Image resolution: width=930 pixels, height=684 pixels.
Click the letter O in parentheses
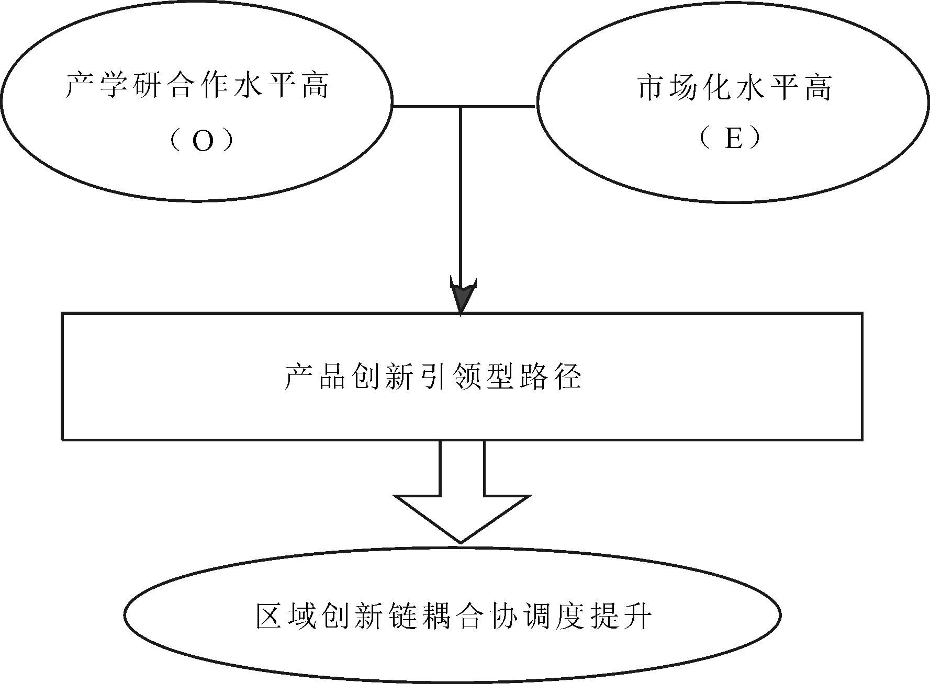click(x=203, y=140)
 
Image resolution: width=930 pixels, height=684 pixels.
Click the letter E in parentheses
click(x=734, y=139)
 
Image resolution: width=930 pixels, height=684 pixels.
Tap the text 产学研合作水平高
click(x=198, y=85)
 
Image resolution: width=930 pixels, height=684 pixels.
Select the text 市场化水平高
click(x=735, y=87)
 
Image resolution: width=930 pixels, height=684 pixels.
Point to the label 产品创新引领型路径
click(x=433, y=376)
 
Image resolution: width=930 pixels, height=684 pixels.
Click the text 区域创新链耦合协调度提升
click(x=454, y=615)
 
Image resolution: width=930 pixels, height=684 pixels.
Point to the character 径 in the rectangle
click(x=567, y=376)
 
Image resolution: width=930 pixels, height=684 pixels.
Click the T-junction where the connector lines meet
click(x=461, y=107)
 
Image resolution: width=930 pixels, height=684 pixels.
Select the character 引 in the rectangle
click(x=433, y=376)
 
